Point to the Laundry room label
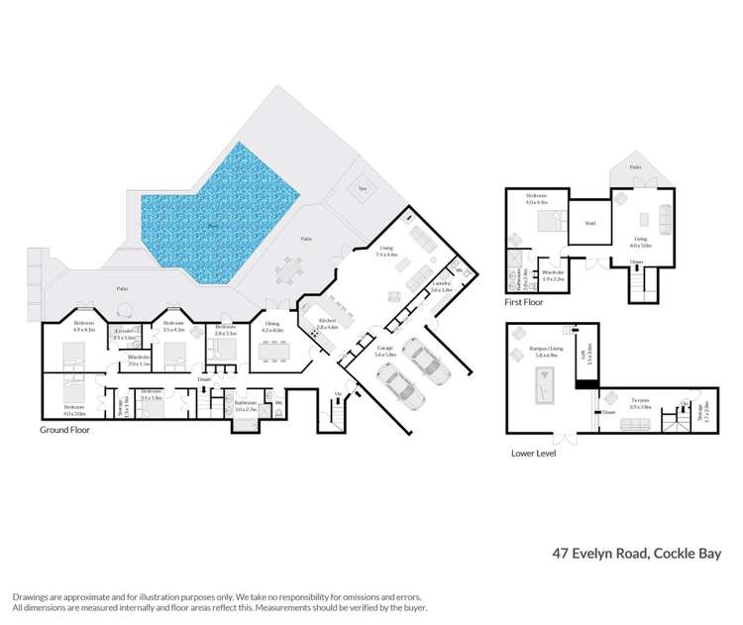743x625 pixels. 441,285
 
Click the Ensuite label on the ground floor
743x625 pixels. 124,334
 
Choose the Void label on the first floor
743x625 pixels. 588,223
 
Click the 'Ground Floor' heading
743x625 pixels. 65,431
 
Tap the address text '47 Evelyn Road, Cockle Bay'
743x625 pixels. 636,554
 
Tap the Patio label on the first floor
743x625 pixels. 636,167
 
